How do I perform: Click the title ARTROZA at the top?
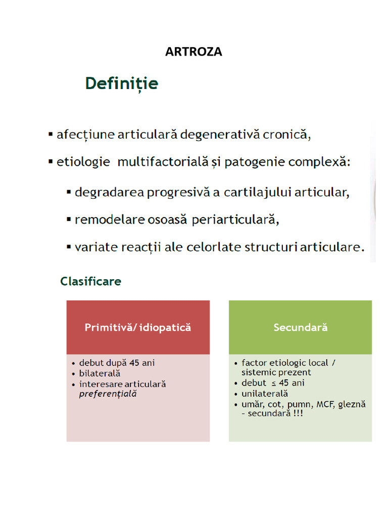[193, 52]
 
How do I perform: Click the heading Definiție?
[121, 83]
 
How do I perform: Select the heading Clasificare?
[90, 281]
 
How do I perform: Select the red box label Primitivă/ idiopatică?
[138, 327]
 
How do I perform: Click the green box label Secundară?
[300, 327]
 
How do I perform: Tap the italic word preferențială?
[108, 394]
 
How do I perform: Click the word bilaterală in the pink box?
[100, 373]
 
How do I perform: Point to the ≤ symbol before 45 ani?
[273, 383]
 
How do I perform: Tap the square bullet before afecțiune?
[51, 135]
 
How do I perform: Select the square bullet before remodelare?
[69, 220]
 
